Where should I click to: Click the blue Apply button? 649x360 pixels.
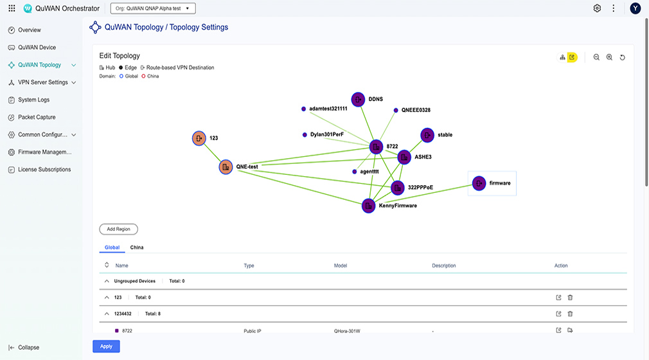[106, 346]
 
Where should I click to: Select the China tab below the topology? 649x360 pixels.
[137, 247]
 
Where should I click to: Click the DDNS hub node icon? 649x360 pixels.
[358, 100]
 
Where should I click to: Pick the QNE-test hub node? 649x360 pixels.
[226, 167]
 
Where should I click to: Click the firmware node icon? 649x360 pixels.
[479, 183]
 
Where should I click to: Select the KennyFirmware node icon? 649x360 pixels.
[368, 206]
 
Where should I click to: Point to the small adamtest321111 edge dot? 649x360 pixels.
[303, 109]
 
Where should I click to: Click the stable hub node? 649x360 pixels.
[427, 135]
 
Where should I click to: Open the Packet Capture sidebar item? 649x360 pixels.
[37, 117]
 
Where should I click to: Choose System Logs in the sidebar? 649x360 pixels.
[33, 100]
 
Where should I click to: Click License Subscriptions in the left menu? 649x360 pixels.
[44, 170]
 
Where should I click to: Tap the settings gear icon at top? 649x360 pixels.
[597, 8]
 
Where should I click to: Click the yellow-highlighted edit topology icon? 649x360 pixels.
[572, 57]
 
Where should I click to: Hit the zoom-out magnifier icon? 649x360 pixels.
[596, 57]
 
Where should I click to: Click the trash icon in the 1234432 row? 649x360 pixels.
[570, 314]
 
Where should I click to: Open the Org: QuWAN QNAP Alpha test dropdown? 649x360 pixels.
[153, 8]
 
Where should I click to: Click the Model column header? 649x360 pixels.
[341, 265]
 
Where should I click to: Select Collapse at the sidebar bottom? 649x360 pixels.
[28, 348]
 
